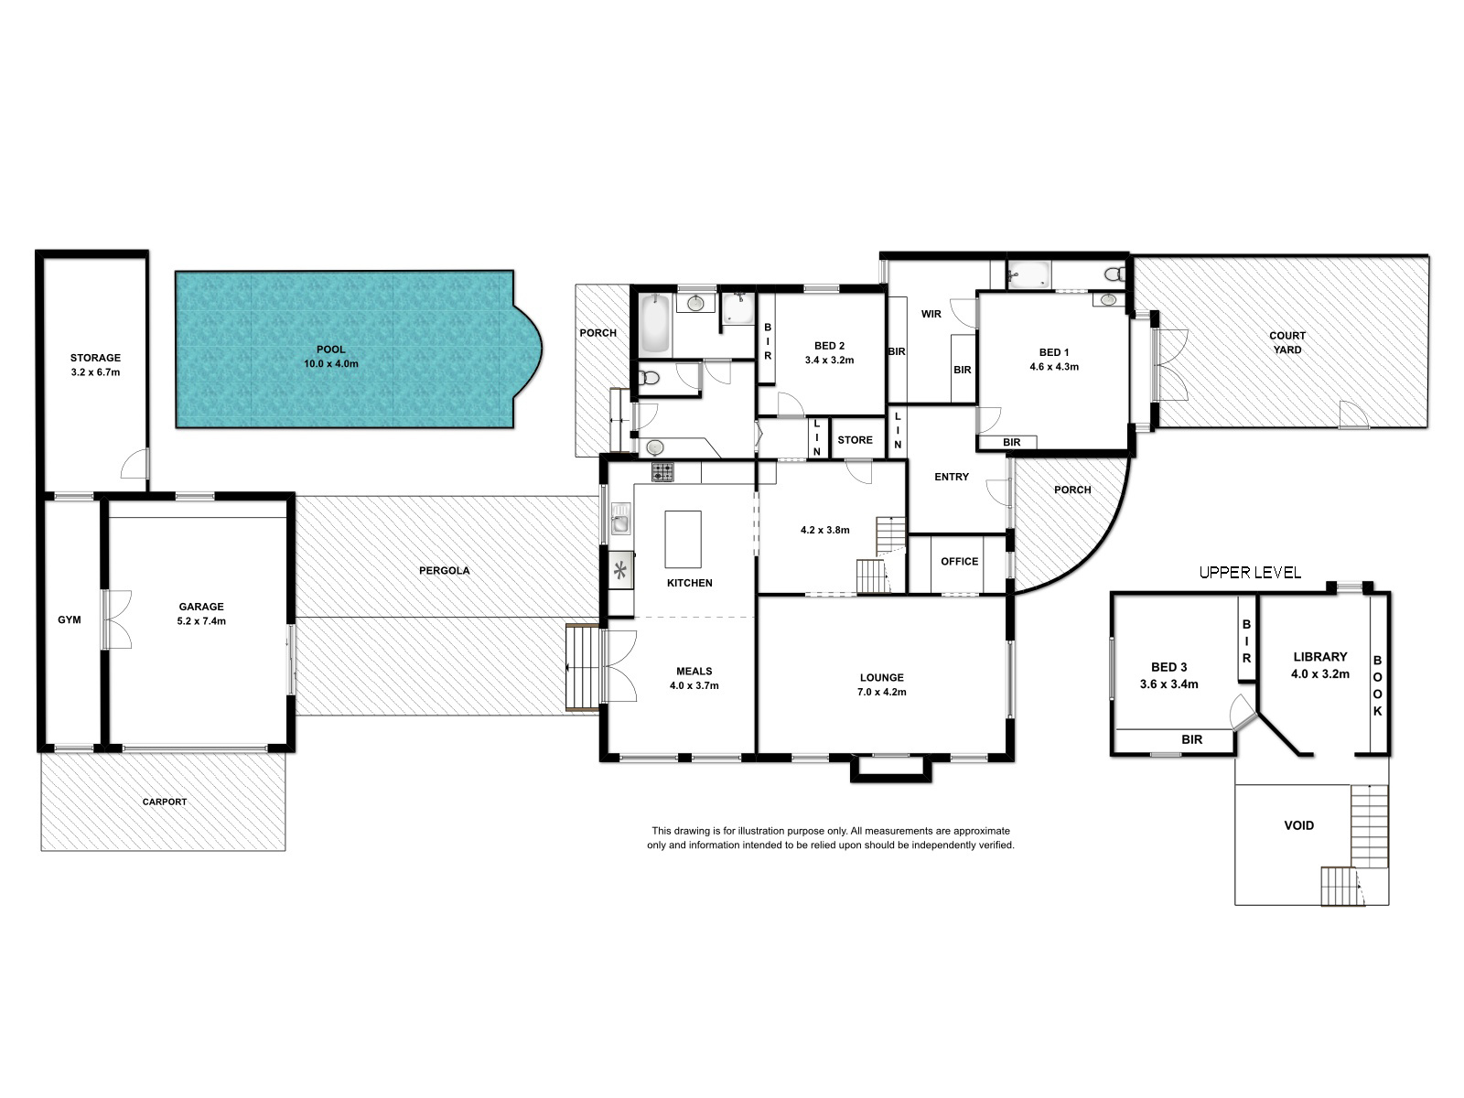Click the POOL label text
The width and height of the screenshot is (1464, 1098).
(331, 350)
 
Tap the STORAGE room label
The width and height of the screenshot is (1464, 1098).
(95, 358)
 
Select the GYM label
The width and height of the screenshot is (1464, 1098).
(70, 620)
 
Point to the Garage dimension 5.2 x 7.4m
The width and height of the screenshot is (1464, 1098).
(201, 621)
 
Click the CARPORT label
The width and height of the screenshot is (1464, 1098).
(165, 802)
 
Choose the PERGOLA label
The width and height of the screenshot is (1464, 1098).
(444, 571)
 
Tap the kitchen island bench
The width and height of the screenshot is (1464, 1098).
(683, 539)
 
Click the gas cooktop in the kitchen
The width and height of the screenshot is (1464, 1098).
(662, 472)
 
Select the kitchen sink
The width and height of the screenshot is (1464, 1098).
(620, 520)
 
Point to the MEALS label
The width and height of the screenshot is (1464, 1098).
(694, 672)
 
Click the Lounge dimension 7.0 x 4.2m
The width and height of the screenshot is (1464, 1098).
(882, 692)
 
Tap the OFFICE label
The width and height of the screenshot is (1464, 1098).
(960, 561)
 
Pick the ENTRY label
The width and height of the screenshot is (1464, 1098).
(952, 477)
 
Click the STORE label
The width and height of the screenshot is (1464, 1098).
(855, 440)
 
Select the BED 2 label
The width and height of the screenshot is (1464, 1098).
(830, 346)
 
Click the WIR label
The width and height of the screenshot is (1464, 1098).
(931, 314)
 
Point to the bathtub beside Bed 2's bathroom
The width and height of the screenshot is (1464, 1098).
(654, 325)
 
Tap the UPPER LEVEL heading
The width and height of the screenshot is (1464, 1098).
(1250, 573)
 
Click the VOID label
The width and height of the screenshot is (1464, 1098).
(1299, 825)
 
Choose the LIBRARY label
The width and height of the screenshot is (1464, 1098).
(1320, 657)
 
